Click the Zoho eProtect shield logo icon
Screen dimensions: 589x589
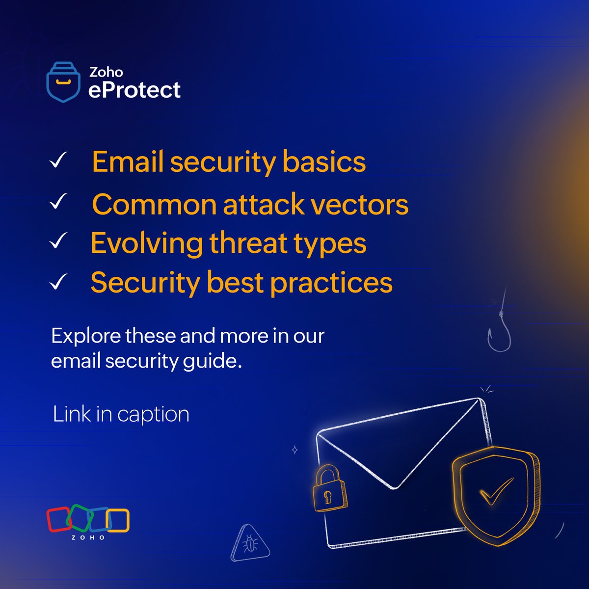coord(63,81)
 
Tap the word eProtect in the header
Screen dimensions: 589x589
coord(134,90)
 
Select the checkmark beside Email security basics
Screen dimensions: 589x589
coord(58,161)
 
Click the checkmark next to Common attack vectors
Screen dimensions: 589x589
coord(58,202)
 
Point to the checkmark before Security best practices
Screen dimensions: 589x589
coord(58,282)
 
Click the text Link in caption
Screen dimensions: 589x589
coord(121,414)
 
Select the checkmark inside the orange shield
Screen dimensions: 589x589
coord(496,491)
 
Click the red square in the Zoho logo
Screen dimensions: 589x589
coord(58,519)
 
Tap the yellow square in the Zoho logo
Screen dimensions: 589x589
coord(118,521)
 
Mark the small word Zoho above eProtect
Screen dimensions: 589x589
coord(106,72)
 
